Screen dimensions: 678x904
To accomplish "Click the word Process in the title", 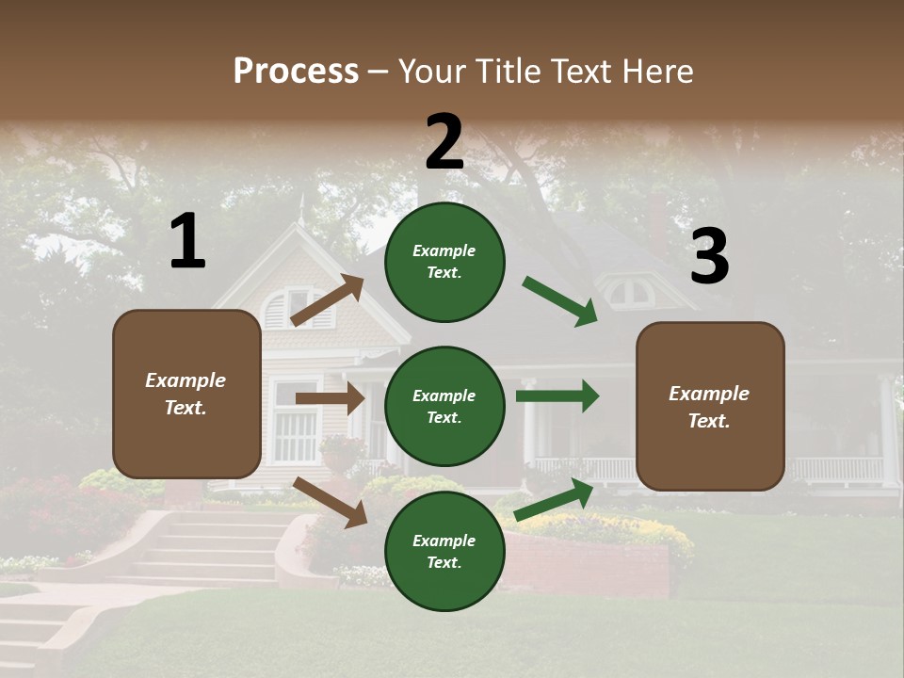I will (x=296, y=71).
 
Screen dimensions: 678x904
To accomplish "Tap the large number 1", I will (x=187, y=241).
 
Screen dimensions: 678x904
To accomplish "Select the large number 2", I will (x=444, y=142).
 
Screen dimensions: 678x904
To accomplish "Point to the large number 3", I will (x=709, y=256).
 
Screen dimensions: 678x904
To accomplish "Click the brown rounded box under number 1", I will (x=186, y=394).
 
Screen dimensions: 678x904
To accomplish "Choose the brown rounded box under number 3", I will (x=710, y=406).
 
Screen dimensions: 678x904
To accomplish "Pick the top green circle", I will (x=444, y=261).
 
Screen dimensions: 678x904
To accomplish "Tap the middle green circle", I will (x=444, y=406).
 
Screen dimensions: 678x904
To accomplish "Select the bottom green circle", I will (x=444, y=551).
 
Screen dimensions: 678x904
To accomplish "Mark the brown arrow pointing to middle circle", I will (x=330, y=398).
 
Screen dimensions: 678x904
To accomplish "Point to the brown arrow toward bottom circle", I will (x=331, y=502).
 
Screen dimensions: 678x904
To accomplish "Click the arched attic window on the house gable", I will (x=282, y=308).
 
